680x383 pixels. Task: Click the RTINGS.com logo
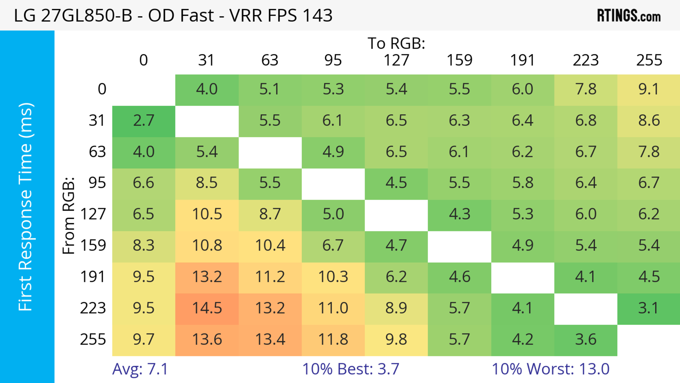click(x=629, y=16)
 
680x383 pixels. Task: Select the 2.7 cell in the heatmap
click(x=144, y=121)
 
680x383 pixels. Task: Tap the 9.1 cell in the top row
click(x=649, y=89)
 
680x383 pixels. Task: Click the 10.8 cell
click(x=207, y=246)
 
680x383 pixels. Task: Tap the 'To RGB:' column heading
click(x=396, y=44)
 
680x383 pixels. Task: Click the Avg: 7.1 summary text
click(x=140, y=369)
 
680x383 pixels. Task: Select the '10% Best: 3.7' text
click(x=351, y=369)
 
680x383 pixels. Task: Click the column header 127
click(x=396, y=60)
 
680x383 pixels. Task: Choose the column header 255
click(x=649, y=60)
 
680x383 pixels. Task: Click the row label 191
click(x=93, y=277)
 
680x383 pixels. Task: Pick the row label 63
click(x=97, y=152)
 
